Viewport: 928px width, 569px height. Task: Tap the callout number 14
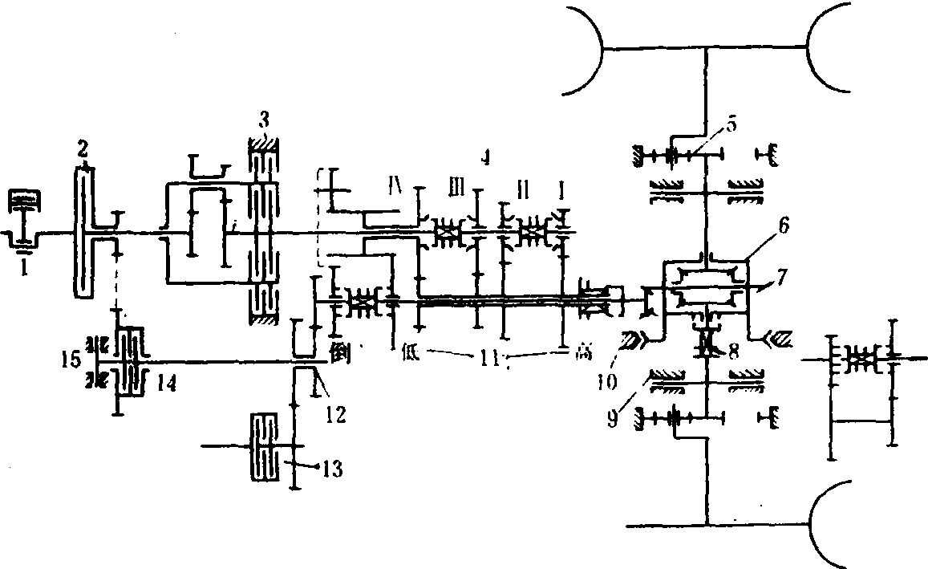pos(166,384)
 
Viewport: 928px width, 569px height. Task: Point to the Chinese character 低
pos(413,351)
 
